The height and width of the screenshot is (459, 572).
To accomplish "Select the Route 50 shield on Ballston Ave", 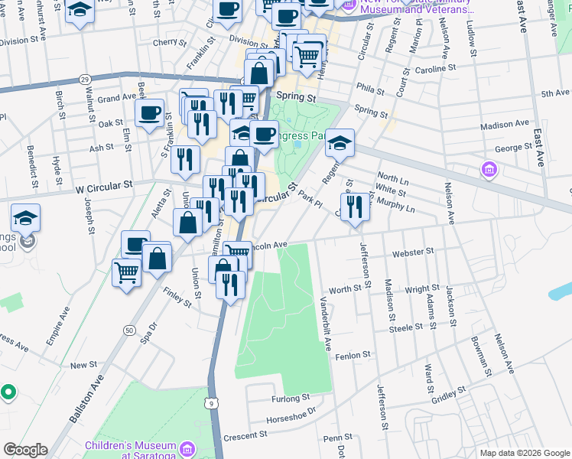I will [128, 330].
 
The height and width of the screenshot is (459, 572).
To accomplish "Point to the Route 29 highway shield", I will [85, 79].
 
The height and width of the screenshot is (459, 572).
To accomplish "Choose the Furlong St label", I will [290, 398].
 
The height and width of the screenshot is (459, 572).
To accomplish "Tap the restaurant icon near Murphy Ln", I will [354, 206].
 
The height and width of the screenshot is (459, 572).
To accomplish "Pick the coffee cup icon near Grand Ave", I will [149, 112].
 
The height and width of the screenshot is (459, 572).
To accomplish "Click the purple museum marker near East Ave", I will [489, 168].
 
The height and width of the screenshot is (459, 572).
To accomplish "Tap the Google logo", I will [24, 450].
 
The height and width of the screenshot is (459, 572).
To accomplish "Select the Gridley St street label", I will [443, 399].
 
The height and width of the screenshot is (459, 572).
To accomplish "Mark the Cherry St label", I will [164, 43].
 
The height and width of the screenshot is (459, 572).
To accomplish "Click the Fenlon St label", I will [353, 355].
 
